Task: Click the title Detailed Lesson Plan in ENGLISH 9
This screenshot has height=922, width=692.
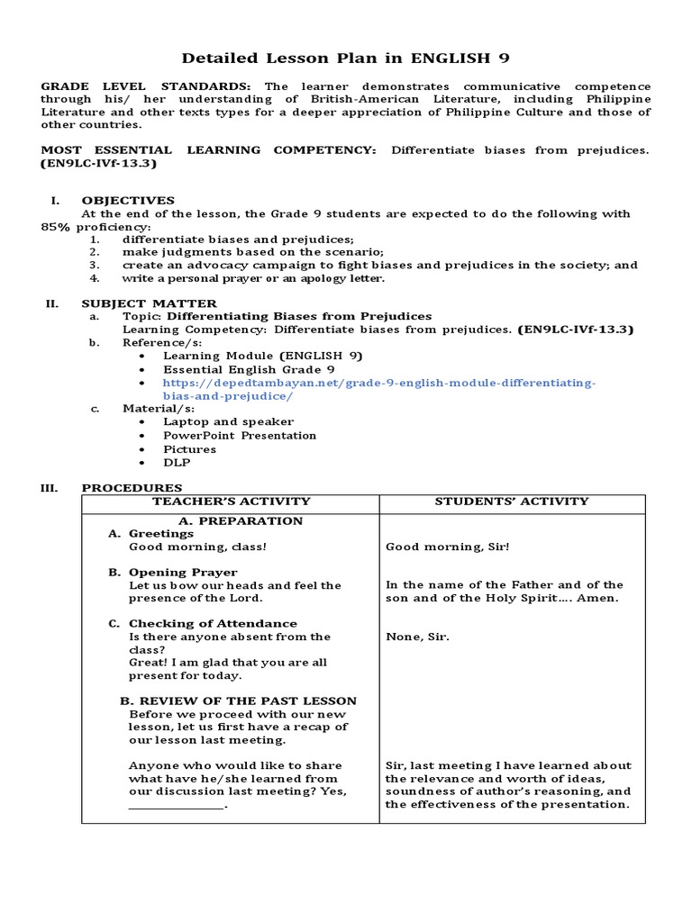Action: [x=345, y=59]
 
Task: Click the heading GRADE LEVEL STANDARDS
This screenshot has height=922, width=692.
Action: [x=144, y=86]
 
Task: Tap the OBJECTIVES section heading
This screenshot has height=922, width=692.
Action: [x=128, y=200]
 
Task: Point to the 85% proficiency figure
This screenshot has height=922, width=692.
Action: [x=56, y=227]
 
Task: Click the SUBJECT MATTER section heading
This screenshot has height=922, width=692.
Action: [x=149, y=303]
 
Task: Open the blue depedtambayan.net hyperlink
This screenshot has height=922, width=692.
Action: [x=378, y=389]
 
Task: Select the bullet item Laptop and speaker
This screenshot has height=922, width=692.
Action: [x=228, y=421]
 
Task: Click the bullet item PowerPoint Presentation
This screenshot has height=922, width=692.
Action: [x=240, y=435]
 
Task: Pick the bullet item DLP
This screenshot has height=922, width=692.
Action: [x=177, y=463]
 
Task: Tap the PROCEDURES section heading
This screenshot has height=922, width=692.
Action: [x=132, y=488]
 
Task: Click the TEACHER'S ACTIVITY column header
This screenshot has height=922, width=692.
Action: [x=231, y=502]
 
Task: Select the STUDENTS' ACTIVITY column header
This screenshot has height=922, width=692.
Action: [x=512, y=502]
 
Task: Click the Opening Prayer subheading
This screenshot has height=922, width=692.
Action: [x=183, y=572]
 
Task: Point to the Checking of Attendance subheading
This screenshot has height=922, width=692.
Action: [x=213, y=623]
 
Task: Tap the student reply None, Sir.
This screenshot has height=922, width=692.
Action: [x=417, y=637]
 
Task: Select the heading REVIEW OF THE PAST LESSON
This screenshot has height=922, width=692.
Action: [x=238, y=701]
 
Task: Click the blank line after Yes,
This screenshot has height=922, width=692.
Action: [x=176, y=805]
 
